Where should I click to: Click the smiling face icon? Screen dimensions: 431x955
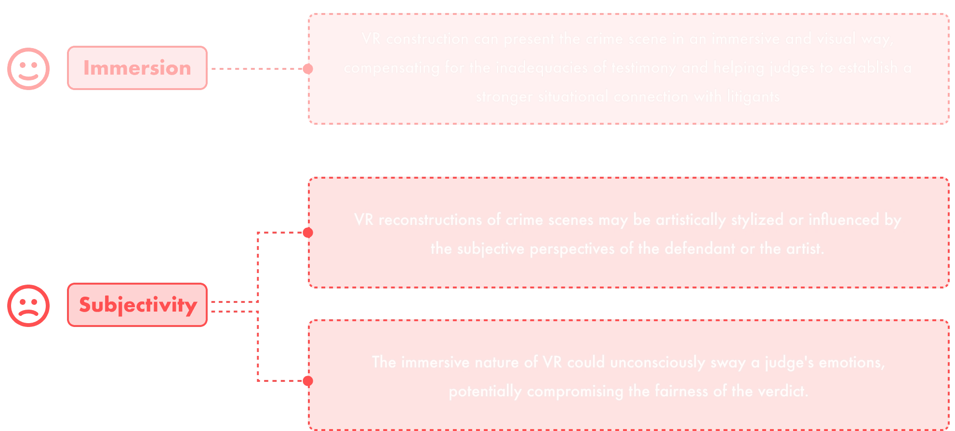tap(28, 69)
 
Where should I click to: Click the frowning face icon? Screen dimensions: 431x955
tap(28, 306)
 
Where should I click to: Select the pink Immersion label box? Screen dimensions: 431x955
tap(137, 68)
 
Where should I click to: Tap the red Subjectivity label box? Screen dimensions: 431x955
tap(137, 305)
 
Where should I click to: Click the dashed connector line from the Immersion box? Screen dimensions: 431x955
tap(255, 69)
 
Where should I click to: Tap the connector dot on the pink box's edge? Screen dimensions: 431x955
tap(307, 69)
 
